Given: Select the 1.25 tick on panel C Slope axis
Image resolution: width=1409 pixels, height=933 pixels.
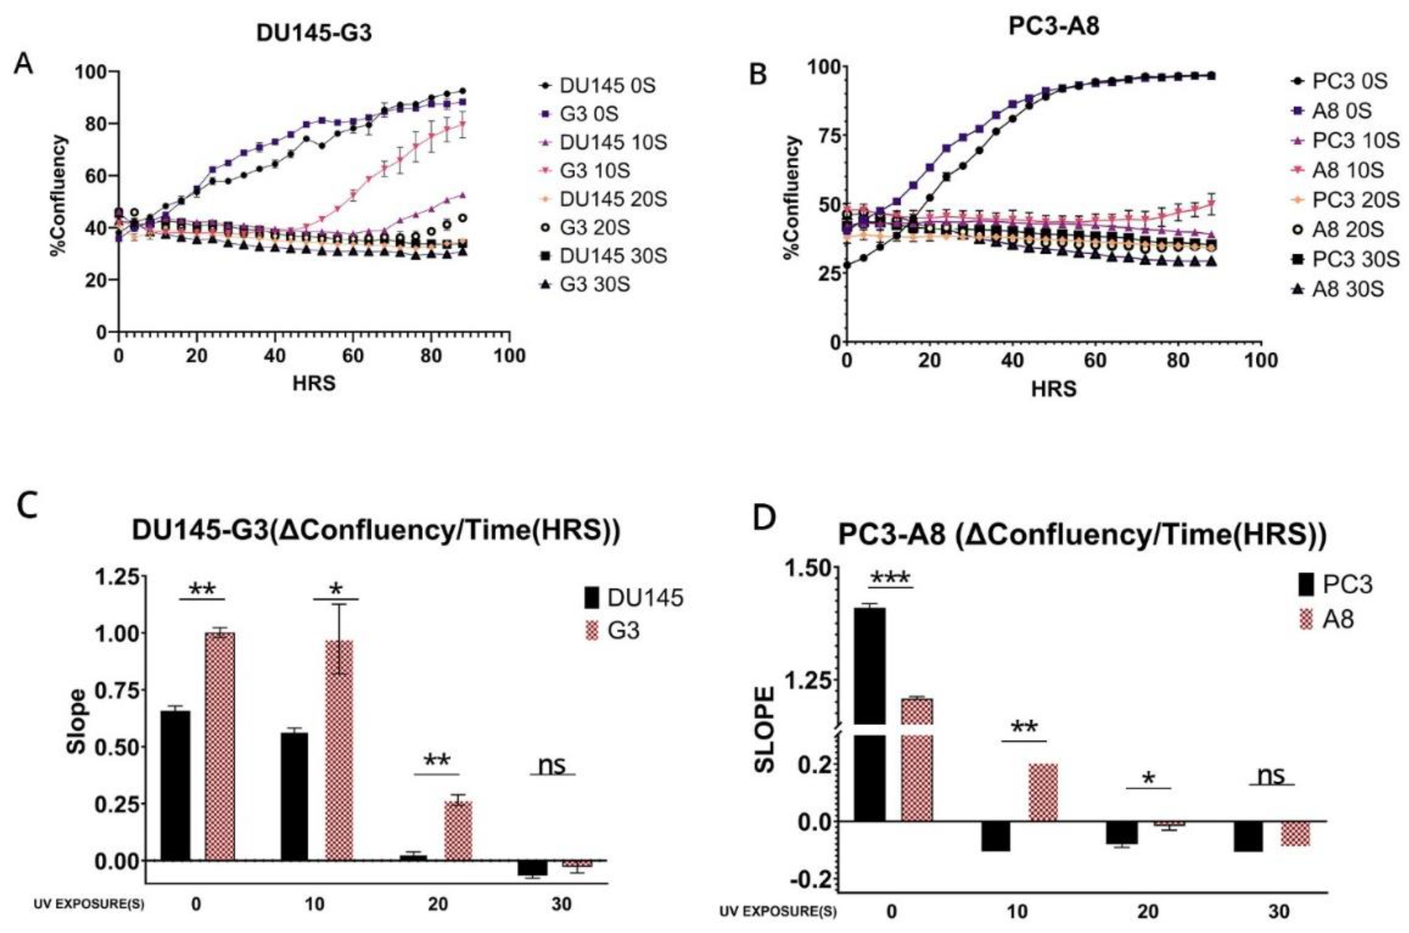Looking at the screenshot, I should coord(120,576).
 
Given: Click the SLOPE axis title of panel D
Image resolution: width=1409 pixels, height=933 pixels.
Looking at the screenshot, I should coord(765,730).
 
